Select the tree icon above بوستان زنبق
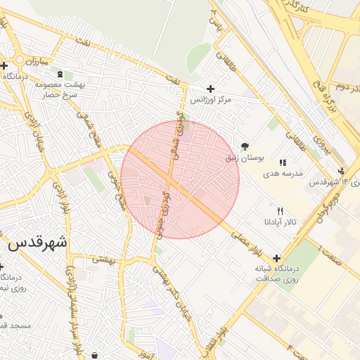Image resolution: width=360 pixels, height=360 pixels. pos(244,146)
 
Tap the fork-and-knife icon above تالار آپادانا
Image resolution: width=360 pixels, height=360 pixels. pos(281,210)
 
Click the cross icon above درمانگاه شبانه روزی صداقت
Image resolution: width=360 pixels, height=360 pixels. pos(276,258)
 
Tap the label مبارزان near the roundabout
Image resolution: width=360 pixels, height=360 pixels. pos(33,62)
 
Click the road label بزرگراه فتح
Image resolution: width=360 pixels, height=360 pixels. pos(330,98)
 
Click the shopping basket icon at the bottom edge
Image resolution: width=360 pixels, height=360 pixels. pos(95,356)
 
